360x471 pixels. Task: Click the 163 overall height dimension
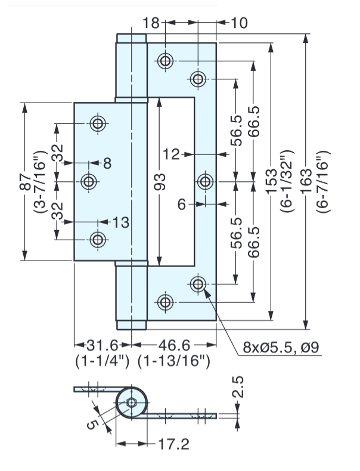(306, 182)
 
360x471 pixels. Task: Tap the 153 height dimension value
(271, 181)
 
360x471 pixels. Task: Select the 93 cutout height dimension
(159, 182)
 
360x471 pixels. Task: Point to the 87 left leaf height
(25, 182)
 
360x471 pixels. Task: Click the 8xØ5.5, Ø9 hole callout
(281, 348)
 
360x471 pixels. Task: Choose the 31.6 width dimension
(103, 345)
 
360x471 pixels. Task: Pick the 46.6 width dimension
(174, 345)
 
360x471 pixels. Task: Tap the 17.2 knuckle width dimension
(173, 444)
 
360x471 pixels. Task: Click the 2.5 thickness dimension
(237, 387)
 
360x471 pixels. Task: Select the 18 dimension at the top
(151, 23)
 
